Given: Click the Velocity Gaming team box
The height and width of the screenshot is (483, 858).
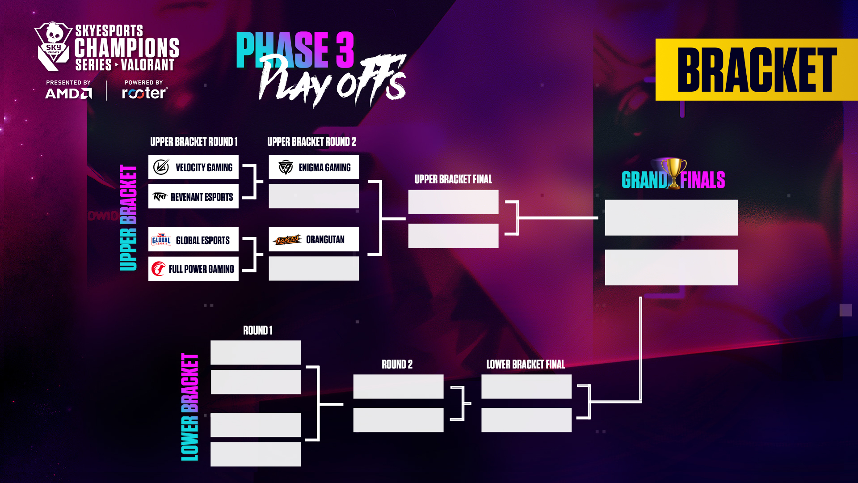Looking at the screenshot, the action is coord(193,167).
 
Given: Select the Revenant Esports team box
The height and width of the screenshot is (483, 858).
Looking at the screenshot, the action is coord(193,196).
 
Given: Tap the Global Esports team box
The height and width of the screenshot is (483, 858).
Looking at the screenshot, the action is coord(193,240).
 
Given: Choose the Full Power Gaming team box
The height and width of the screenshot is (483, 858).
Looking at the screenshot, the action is coord(193,269).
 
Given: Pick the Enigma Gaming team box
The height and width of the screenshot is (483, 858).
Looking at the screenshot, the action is coord(314,167).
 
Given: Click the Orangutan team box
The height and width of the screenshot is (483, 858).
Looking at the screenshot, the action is coord(314,239).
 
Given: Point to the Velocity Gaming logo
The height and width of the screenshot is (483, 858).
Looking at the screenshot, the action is coord(161,167).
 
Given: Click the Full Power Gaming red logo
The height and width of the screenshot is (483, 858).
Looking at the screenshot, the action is coord(158,269).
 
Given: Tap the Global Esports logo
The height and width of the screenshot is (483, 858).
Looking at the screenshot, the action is coord(161,240).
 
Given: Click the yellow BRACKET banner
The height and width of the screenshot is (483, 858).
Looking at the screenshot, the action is coord(757,70).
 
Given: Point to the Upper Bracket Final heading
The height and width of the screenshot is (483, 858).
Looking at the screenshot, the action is coord(453,179).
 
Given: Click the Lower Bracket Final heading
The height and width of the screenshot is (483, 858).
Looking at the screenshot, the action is coord(526,364).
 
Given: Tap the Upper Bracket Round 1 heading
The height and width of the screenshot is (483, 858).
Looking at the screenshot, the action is coord(194,142).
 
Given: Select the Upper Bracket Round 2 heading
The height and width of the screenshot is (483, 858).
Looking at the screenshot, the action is coord(312,142).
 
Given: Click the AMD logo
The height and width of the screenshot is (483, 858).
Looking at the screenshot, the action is coord(68,93).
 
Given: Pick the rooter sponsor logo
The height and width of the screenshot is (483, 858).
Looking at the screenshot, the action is coord(145,93).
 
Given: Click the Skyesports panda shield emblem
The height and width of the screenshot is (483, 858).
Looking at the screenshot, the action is coord(53,47).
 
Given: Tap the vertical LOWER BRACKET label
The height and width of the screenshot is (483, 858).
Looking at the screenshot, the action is coord(189,407).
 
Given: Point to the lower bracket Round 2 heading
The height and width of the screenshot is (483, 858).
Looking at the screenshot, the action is coord(397,364).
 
